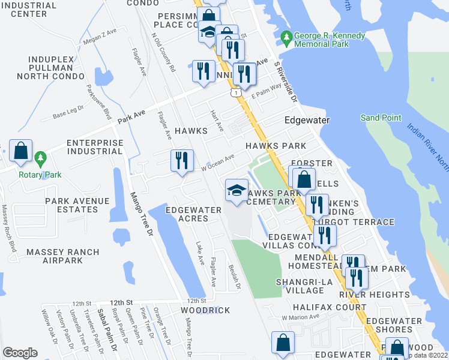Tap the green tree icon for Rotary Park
tap(40, 160)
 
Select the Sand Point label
tap(381, 118)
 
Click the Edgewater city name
tap(308, 120)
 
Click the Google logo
tap(20, 353)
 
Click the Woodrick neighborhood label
tap(205, 310)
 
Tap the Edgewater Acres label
tap(187, 214)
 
